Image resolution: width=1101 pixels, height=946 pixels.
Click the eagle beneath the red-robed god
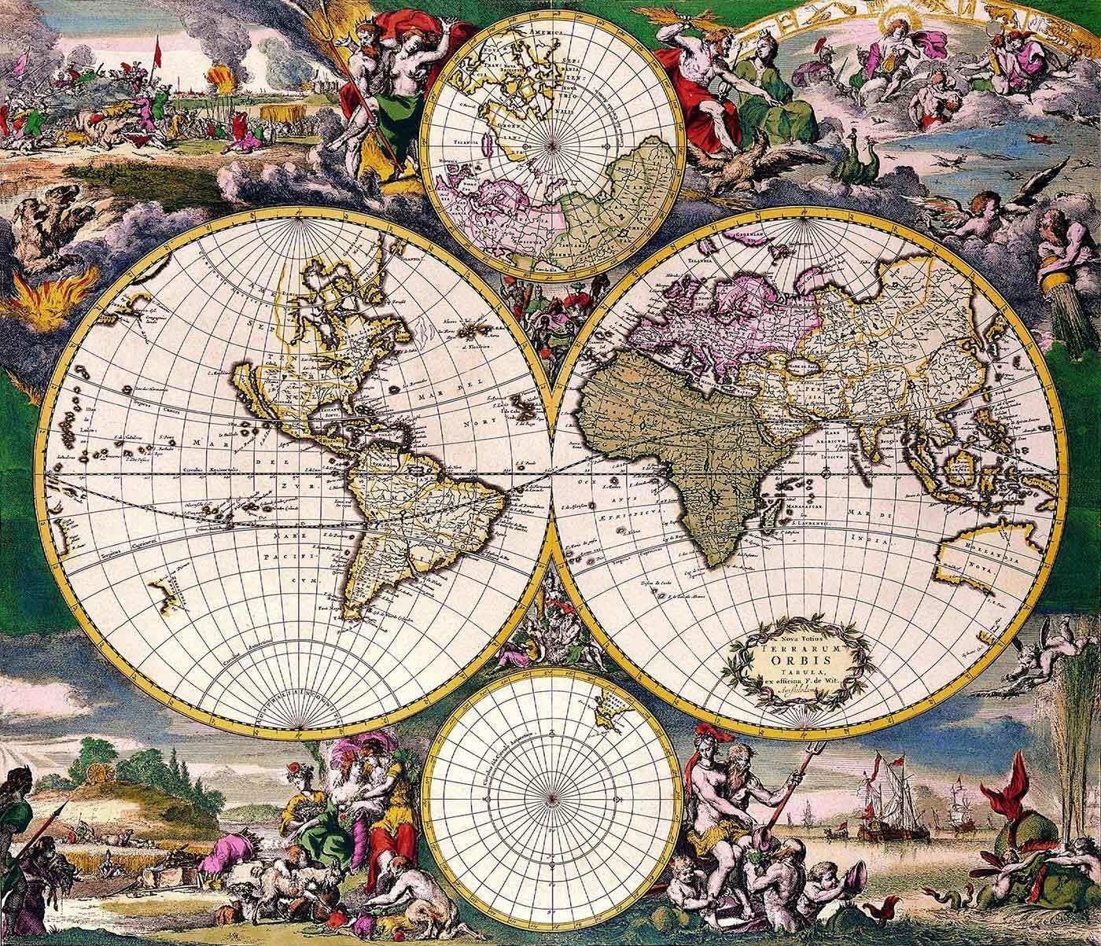(739, 164)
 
